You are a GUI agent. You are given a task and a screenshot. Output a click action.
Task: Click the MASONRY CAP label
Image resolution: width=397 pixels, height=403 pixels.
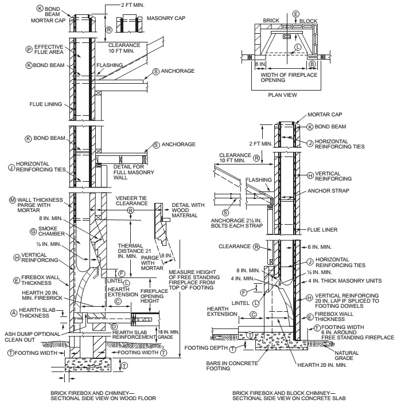coord(166,18)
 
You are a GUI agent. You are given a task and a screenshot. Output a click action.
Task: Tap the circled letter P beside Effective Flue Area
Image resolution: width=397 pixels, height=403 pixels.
coord(29,49)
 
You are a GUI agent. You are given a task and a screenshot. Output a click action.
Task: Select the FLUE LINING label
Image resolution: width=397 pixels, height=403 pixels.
coord(46,104)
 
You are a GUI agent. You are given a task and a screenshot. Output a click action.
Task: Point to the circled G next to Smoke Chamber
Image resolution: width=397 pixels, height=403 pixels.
coord(33,232)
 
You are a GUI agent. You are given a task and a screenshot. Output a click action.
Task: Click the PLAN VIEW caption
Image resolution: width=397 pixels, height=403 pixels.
coord(282,95)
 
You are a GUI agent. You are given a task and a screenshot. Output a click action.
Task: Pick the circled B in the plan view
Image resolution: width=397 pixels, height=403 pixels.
coord(312,64)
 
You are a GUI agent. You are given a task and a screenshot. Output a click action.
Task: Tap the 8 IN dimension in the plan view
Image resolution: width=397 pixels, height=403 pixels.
coord(260,64)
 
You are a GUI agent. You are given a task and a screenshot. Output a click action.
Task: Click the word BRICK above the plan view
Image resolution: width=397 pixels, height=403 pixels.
coord(271,20)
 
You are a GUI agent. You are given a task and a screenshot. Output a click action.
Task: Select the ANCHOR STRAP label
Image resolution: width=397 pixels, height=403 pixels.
coord(328,191)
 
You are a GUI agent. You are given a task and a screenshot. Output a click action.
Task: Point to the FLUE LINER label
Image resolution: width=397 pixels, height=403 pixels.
coord(322,229)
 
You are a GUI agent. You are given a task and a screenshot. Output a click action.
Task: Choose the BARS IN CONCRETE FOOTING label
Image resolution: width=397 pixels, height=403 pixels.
coord(232,366)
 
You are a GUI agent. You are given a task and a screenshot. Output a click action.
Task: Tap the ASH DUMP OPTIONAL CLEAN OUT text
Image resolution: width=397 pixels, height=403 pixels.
coord(32,337)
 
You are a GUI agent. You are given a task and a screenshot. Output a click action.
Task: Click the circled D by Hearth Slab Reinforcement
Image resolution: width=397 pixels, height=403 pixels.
coord(114,327)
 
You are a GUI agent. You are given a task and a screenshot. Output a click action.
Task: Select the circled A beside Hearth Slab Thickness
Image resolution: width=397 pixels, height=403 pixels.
coord(14,313)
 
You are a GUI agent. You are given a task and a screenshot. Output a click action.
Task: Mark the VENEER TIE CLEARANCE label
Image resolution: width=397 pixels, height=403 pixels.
coord(132,201)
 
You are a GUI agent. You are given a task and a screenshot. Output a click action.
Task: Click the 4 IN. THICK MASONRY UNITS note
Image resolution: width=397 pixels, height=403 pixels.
coord(345,281)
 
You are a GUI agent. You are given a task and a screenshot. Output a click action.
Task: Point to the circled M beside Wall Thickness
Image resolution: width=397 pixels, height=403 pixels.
coord(13,200)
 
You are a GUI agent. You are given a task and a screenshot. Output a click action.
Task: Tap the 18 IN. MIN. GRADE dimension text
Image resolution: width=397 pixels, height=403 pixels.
coord(168,334)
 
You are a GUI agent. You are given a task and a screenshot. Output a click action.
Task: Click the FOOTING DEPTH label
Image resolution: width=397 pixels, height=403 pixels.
coord(206,348)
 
